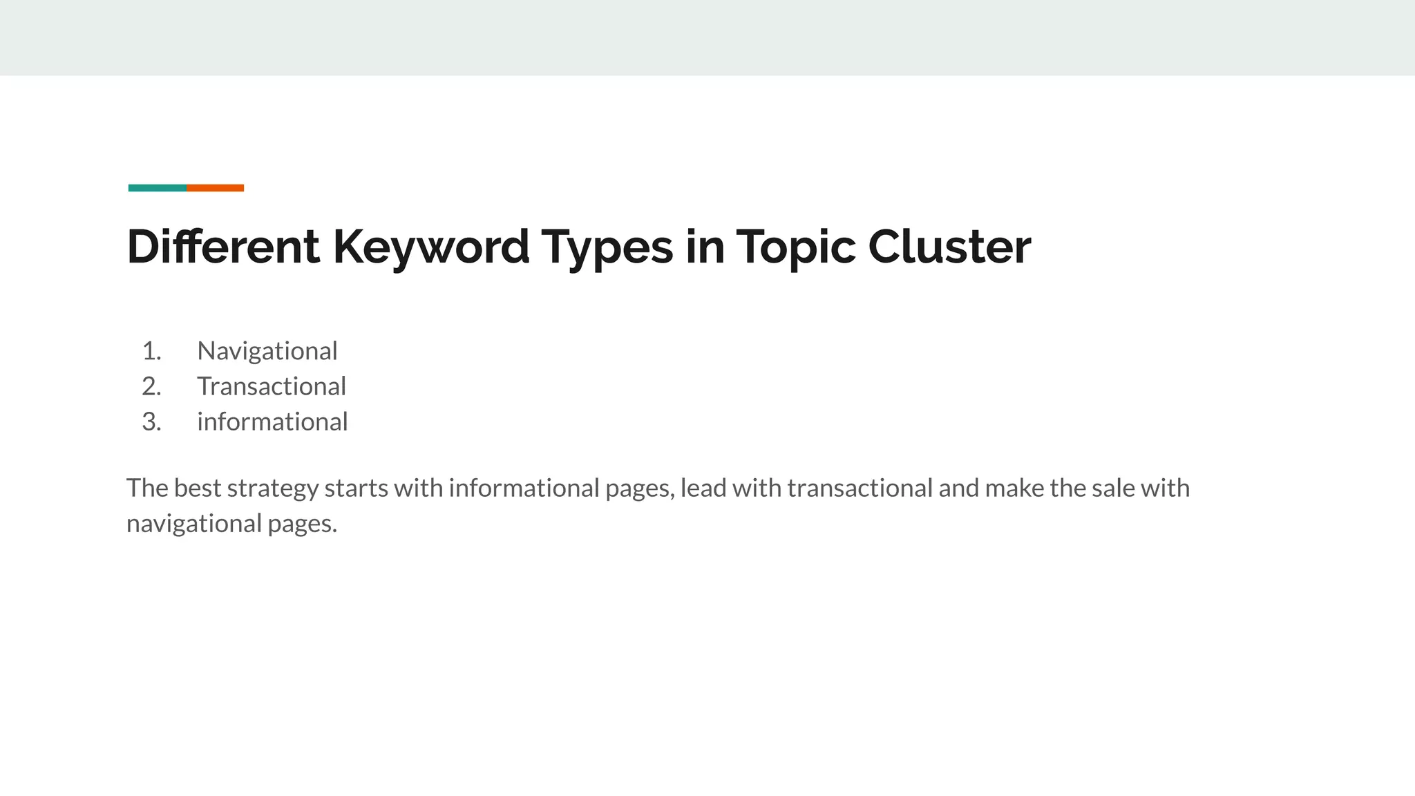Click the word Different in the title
tap(223, 247)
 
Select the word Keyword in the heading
tap(431, 247)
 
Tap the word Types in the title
tap(607, 247)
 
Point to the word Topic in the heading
tap(795, 247)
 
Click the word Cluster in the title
tap(949, 247)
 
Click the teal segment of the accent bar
tap(158, 188)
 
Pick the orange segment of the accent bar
tap(216, 188)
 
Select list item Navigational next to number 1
tap(267, 351)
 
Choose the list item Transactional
tap(272, 386)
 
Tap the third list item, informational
tap(272, 421)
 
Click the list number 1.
tap(151, 351)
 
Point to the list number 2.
tap(151, 386)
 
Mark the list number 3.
tap(151, 421)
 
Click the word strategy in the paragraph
tap(272, 489)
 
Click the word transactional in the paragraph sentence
tap(860, 488)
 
